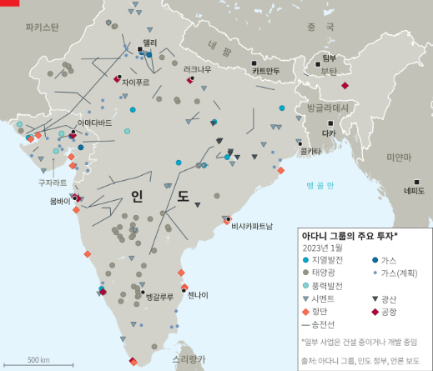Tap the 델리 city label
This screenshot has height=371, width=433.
(149, 43)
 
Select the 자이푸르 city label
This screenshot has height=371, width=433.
(135, 83)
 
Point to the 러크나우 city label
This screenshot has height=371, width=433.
(198, 69)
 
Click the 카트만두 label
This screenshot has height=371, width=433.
(266, 71)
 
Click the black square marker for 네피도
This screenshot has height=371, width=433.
(416, 182)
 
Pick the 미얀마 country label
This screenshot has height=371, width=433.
(399, 157)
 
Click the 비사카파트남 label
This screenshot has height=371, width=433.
(251, 226)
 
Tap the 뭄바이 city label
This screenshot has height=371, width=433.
(60, 201)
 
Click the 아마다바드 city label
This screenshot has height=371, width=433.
(94, 123)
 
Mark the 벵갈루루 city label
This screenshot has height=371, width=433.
(159, 297)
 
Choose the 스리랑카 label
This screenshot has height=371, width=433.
(189, 358)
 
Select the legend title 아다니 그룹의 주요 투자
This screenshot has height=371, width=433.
(349, 236)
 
